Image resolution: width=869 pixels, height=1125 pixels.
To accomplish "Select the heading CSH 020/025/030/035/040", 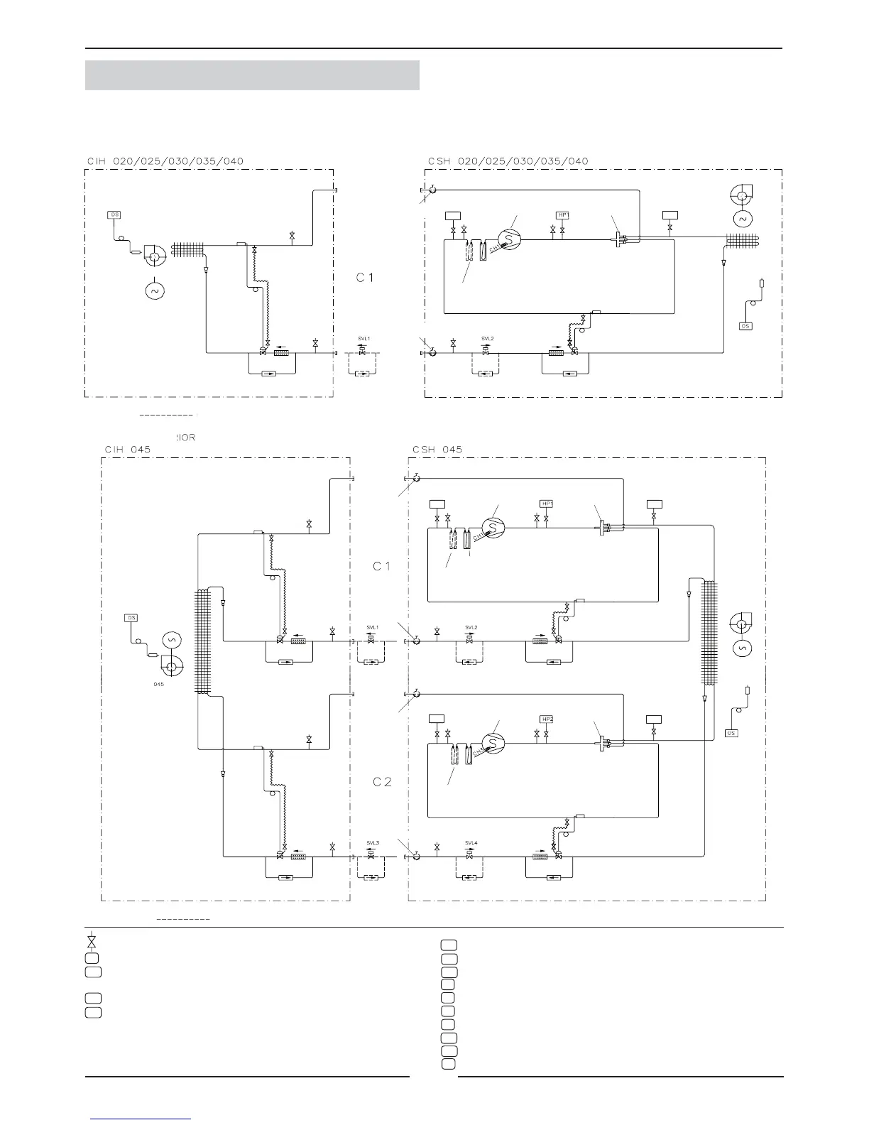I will click(508, 161).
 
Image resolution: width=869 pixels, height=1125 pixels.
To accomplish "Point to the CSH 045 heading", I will click(437, 450).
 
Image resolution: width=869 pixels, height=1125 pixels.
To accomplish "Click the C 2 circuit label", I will click(383, 782).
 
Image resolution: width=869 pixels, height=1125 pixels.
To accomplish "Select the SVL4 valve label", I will click(471, 843).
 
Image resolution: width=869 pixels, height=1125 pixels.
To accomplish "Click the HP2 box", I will click(547, 719).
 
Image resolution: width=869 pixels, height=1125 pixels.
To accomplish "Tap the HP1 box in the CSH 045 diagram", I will click(547, 504).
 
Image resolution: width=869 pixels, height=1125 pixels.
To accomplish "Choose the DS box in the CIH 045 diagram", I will click(131, 618).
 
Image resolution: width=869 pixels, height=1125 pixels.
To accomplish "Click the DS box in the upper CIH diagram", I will click(114, 214).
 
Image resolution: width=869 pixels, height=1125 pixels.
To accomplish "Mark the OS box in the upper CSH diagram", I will click(745, 326).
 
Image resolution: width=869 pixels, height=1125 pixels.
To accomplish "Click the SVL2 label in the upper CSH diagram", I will click(487, 339).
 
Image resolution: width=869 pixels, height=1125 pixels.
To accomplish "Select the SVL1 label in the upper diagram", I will click(364, 339).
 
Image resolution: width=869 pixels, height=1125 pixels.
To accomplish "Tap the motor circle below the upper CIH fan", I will click(154, 290).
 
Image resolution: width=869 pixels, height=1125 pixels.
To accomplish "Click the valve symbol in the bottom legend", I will click(92, 942).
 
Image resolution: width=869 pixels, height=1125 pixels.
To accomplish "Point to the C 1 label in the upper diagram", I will click(365, 278).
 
